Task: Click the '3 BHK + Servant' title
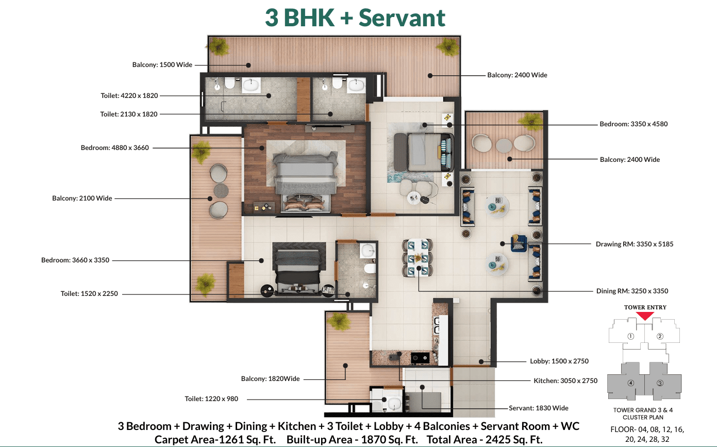click(355, 18)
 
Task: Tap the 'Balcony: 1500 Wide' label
click(162, 64)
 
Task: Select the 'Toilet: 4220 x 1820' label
click(129, 95)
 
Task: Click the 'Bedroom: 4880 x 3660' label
click(114, 147)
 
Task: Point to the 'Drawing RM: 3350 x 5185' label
click(635, 244)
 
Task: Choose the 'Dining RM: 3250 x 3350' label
click(632, 291)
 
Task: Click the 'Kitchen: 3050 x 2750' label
click(565, 380)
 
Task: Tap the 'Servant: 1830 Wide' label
click(539, 408)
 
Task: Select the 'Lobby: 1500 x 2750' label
click(559, 361)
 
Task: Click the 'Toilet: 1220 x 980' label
click(211, 399)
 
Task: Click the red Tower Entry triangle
click(645, 316)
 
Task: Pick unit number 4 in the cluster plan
click(630, 383)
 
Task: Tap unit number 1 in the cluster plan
click(630, 336)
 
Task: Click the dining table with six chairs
click(418, 257)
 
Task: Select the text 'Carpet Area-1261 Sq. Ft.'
click(215, 440)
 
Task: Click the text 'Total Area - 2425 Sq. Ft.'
click(485, 440)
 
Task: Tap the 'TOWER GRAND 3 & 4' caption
click(643, 410)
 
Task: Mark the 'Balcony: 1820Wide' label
click(270, 379)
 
